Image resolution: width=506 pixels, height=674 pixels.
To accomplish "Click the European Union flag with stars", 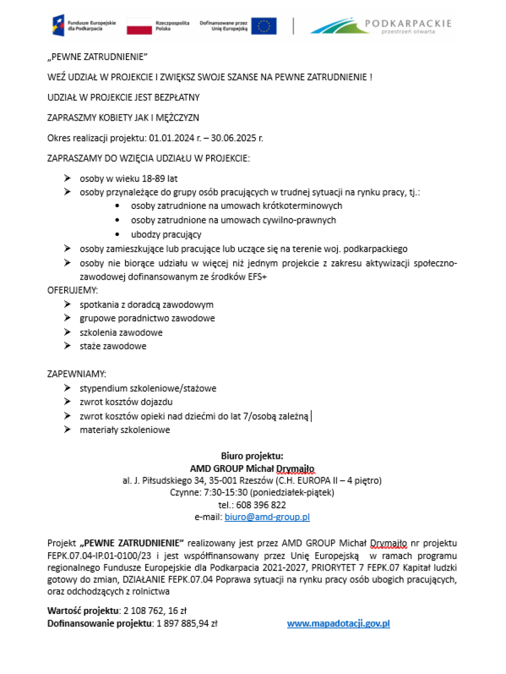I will tap(263, 26).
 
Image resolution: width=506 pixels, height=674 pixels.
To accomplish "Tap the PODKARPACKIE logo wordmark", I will tap(408, 24).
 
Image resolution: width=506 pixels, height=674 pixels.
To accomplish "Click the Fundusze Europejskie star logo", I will tap(58, 25).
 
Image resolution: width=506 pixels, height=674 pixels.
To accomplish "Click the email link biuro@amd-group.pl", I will tap(267, 517).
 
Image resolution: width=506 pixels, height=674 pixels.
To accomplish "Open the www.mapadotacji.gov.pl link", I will tap(339, 623).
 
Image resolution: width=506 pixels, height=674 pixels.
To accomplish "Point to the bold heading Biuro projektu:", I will tap(252, 456).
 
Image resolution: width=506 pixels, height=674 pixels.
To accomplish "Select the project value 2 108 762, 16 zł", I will tap(154, 611).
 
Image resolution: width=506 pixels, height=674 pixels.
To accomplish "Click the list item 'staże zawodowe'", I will tap(113, 346).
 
